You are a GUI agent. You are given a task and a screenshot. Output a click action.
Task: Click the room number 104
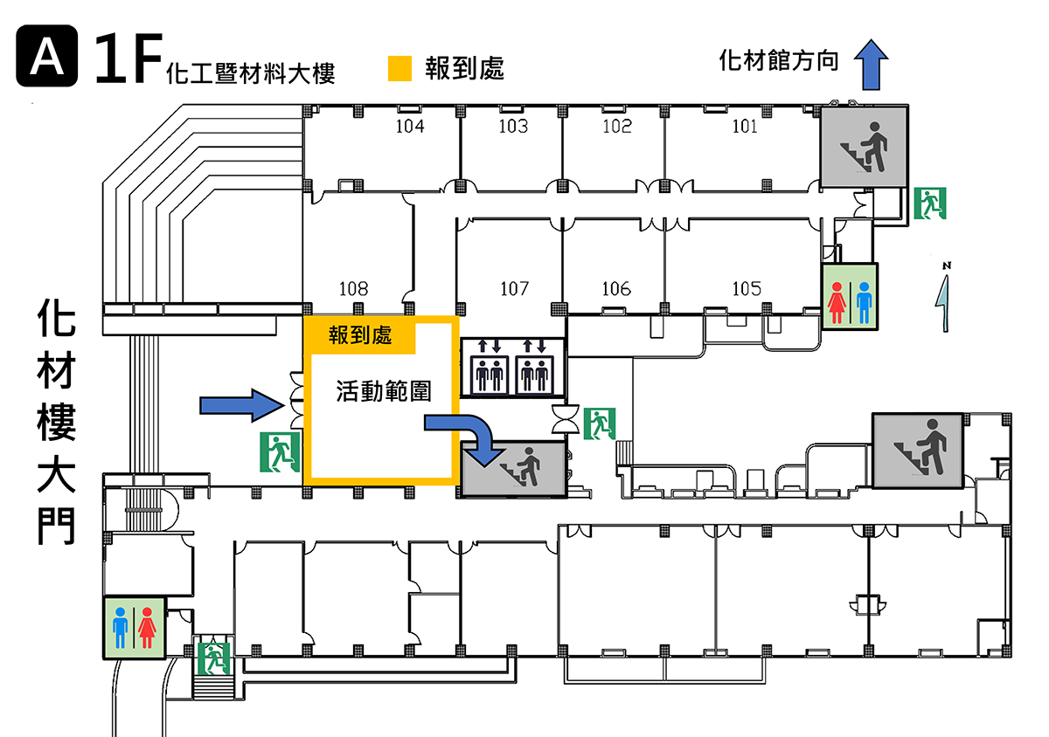point(410,127)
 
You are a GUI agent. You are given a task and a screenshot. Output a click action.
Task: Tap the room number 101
point(745,127)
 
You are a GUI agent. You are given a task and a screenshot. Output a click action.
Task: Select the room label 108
point(353,289)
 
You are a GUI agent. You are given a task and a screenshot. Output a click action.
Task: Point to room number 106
point(616,289)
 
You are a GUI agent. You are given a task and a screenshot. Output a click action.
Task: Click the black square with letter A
point(47,56)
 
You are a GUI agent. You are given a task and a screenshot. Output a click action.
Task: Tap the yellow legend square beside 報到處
point(400,69)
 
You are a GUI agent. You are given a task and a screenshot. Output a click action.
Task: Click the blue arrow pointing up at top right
point(871,65)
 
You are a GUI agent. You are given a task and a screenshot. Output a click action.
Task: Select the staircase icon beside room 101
point(864,147)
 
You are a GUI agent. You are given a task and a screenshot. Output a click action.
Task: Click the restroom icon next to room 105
point(850,297)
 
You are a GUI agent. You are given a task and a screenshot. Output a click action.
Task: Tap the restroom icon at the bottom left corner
point(134,628)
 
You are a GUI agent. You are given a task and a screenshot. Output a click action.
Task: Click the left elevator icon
point(490,375)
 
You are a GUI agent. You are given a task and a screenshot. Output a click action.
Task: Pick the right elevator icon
point(534,375)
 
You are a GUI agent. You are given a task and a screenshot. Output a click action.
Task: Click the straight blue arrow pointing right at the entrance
point(241,405)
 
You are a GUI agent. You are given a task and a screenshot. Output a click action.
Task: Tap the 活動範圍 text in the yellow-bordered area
point(384,391)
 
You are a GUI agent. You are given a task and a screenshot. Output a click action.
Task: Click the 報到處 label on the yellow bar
point(360,335)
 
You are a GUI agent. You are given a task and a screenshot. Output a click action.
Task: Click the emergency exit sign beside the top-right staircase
point(930,203)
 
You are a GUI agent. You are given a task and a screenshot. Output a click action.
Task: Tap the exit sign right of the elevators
point(600,424)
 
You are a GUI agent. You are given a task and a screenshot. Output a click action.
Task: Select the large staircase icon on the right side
point(918,451)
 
